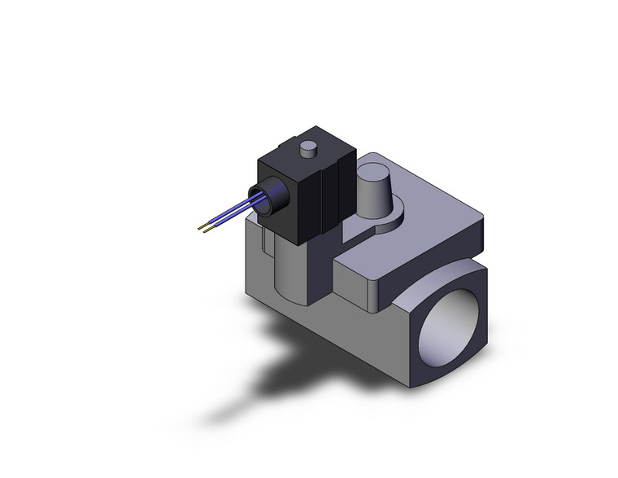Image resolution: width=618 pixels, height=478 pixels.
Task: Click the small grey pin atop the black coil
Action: pos(308,150)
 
